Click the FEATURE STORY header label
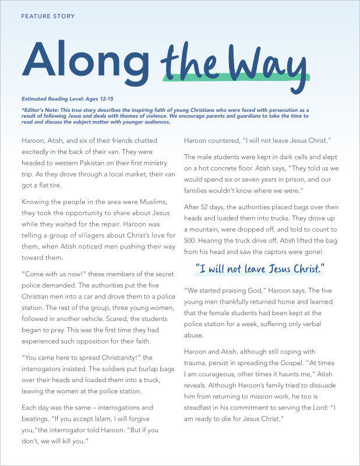(48, 16)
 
